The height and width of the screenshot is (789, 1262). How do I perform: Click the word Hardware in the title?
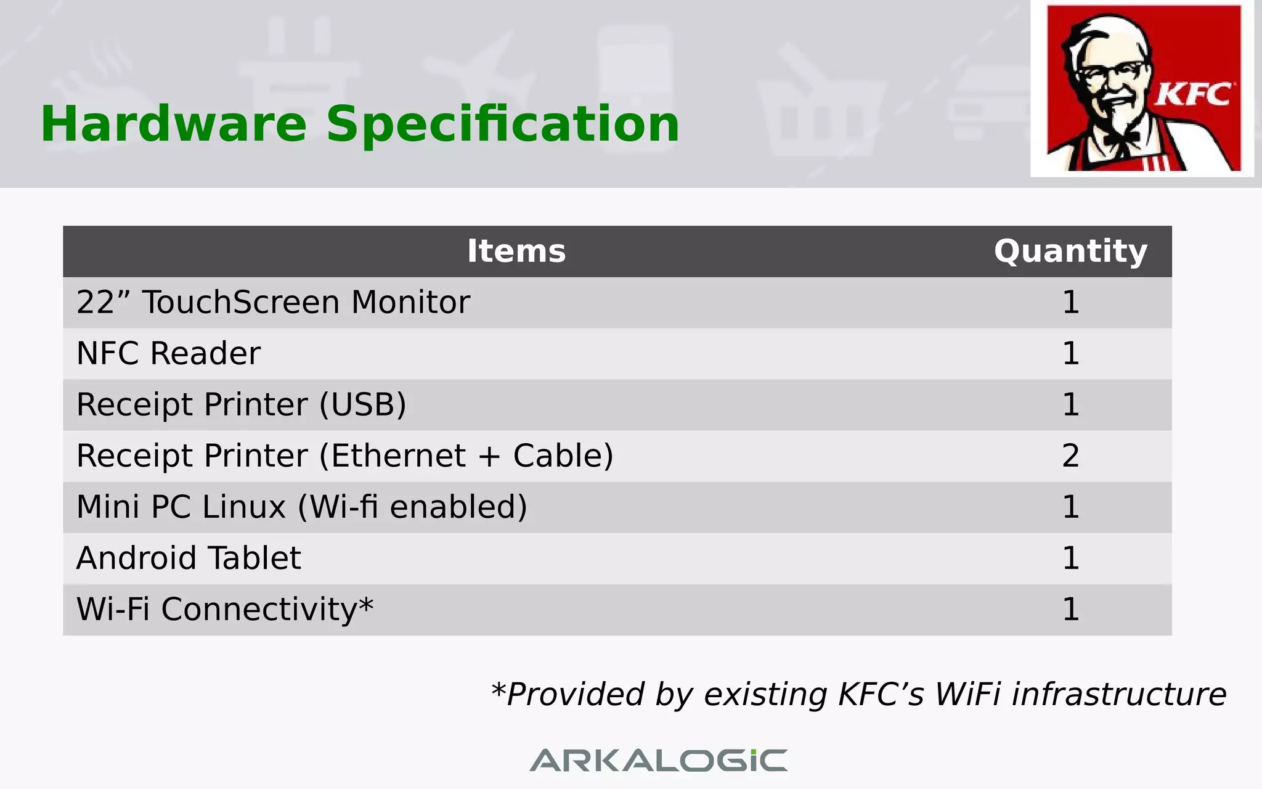[x=174, y=125]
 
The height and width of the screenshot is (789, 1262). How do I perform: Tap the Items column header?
[x=516, y=251]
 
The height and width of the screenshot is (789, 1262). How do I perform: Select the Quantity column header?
[x=1070, y=251]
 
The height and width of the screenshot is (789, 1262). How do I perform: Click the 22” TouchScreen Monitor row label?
[x=273, y=303]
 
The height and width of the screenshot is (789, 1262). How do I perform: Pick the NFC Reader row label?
[x=168, y=354]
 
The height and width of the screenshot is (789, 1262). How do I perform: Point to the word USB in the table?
[x=362, y=405]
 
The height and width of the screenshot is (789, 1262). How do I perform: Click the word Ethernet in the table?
[x=398, y=456]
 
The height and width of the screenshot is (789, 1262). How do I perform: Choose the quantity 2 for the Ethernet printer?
[x=1070, y=456]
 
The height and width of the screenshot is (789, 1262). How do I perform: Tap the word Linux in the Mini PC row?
[x=244, y=507]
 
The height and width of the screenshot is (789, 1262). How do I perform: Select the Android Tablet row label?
[x=189, y=558]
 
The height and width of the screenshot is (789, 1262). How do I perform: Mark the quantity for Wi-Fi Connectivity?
[x=1070, y=610]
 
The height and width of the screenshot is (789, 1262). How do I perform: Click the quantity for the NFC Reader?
[x=1070, y=354]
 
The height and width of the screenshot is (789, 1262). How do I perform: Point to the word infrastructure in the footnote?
[x=1119, y=695]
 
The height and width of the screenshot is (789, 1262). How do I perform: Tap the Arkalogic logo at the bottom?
[x=658, y=760]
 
